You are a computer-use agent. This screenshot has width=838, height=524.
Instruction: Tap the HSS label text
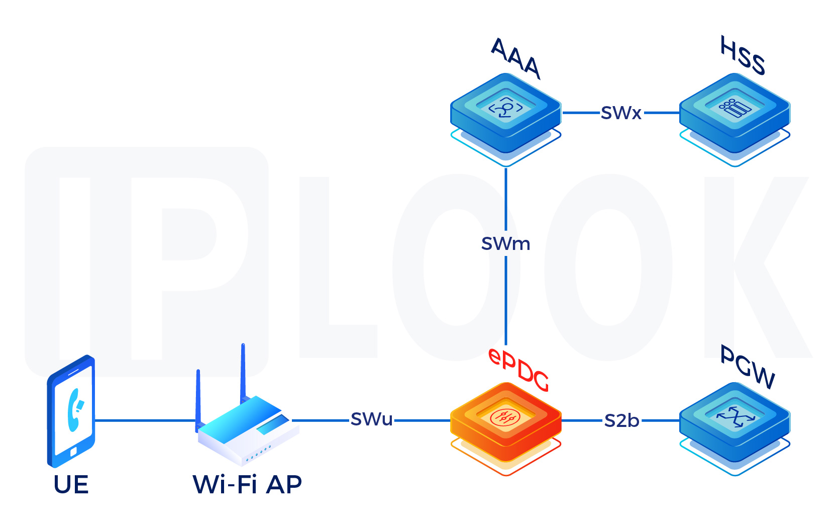(743, 55)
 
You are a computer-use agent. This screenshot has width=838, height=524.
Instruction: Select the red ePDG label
(519, 370)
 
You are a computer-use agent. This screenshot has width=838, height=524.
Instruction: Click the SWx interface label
(621, 113)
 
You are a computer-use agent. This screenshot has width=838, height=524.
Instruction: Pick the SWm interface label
(505, 244)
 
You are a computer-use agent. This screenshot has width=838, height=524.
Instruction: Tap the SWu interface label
(372, 419)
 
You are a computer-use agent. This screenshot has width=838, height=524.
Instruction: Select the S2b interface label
(621, 420)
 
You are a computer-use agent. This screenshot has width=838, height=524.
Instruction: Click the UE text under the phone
(71, 485)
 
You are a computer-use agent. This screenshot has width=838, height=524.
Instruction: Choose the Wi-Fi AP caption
(247, 485)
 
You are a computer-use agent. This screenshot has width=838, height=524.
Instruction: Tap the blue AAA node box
(505, 113)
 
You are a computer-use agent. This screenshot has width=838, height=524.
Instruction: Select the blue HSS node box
(735, 113)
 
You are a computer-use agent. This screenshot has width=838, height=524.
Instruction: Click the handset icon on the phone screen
(75, 409)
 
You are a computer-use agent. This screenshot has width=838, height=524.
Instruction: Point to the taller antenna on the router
(243, 372)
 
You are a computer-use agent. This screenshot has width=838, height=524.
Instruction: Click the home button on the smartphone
(73, 452)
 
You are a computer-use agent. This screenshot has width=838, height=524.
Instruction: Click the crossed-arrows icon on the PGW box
(735, 416)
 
